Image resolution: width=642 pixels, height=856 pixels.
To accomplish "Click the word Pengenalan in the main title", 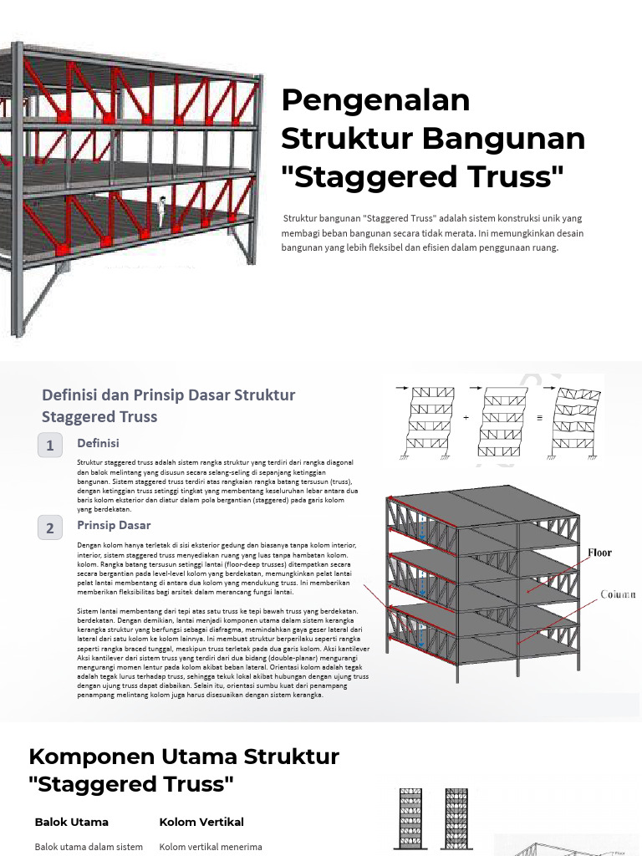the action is click(375, 101).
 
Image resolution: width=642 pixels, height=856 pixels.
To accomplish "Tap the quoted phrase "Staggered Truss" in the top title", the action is click(423, 177).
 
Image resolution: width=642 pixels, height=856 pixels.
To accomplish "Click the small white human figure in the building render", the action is click(161, 211).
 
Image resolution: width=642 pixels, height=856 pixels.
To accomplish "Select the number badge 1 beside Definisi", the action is click(50, 446).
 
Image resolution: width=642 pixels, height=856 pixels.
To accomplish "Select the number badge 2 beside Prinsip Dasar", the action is click(50, 527).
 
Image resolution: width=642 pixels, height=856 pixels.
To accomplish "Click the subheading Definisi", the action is click(99, 443).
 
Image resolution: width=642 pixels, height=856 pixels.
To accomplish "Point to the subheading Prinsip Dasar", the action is click(114, 525).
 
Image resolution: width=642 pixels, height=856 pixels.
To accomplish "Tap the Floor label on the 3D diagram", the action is click(599, 553).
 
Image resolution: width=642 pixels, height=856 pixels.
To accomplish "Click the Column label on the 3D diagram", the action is click(618, 594).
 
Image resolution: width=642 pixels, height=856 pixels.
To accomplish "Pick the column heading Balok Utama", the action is click(71, 822).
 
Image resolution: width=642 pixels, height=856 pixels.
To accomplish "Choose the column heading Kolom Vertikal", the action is click(201, 822).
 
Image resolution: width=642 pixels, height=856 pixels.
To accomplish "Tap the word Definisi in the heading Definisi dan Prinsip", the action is click(74, 395).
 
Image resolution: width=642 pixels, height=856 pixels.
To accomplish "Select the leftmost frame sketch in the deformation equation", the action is click(430, 422).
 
